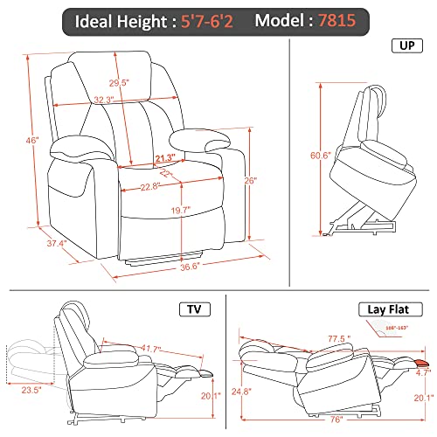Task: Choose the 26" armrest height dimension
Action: [x=252, y=182]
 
